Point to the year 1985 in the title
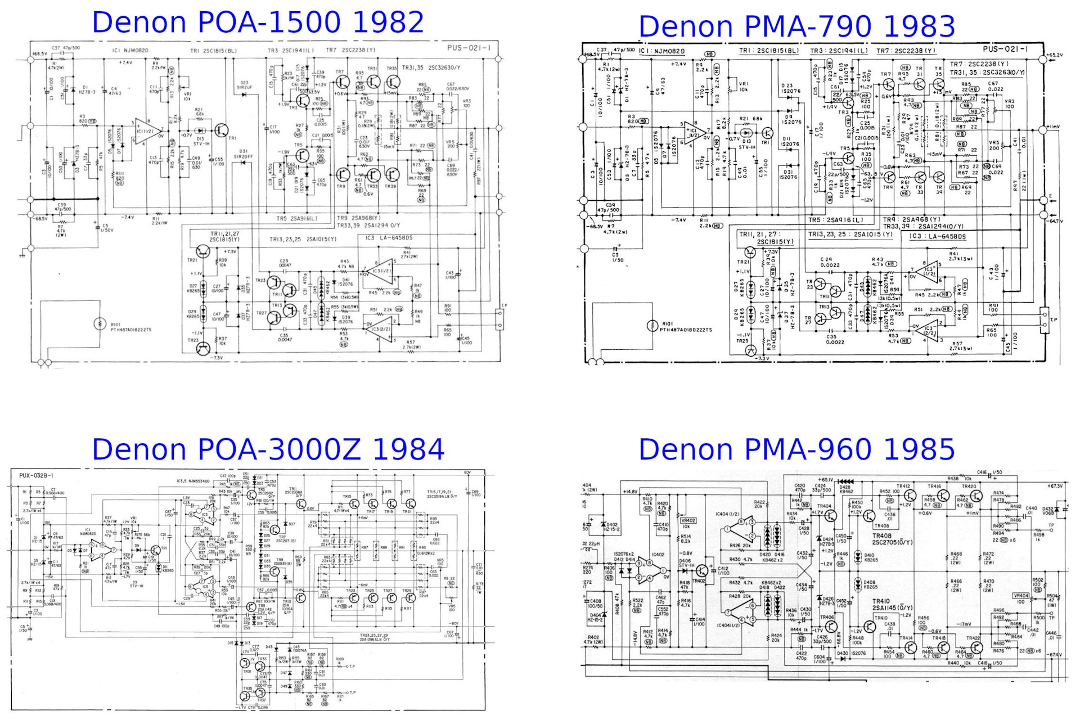click(x=919, y=449)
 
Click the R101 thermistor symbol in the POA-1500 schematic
click(x=100, y=323)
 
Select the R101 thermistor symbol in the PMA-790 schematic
click(x=652, y=325)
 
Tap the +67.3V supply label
click(x=1055, y=486)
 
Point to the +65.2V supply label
click(x=1055, y=55)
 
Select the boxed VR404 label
click(x=1021, y=596)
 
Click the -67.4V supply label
click(x=1055, y=655)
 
